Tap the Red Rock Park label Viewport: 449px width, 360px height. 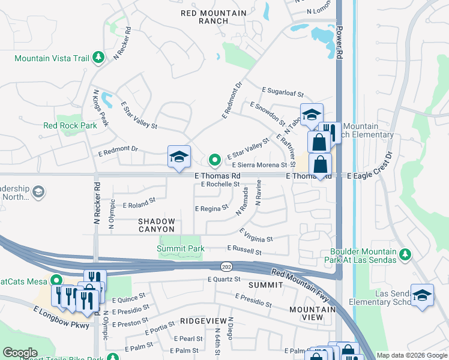tap(70, 126)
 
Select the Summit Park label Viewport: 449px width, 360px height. tap(181, 248)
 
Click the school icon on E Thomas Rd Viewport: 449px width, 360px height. tap(179, 157)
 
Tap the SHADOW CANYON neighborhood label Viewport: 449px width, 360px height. tap(157, 225)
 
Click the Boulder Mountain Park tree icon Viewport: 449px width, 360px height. tap(405, 255)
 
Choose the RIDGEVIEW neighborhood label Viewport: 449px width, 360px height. tap(203, 322)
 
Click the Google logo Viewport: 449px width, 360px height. tap(20, 352)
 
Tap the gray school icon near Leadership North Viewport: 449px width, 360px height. tap(38, 192)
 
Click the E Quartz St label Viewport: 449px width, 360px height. tap(223, 279)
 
